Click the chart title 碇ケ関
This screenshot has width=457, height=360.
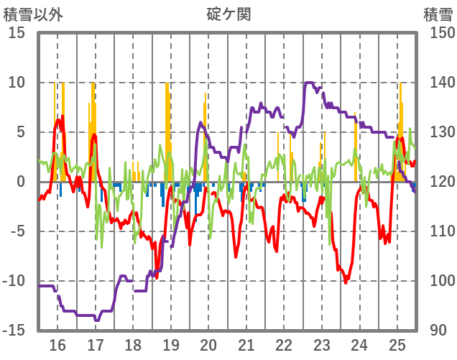(228, 14)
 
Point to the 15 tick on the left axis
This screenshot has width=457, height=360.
(17, 33)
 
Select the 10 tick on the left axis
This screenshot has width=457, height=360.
(17, 83)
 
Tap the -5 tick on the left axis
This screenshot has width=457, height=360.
(17, 231)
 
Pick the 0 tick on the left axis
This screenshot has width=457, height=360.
(22, 182)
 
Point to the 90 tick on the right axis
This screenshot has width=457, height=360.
(435, 331)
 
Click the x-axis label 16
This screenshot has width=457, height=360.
(57, 344)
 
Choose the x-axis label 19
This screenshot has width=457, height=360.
(171, 344)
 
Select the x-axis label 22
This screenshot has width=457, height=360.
(284, 344)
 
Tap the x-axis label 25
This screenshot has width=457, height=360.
(397, 344)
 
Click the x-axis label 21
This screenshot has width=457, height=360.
(246, 344)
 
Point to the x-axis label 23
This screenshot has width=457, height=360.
(321, 344)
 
